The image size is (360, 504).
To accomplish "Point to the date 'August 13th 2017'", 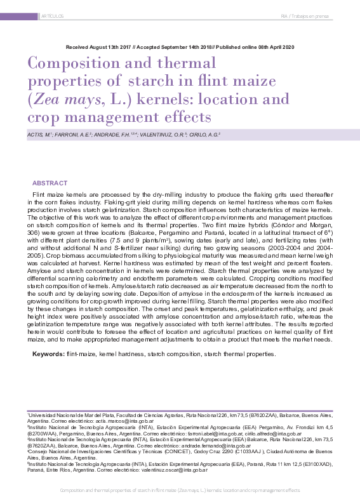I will click(113, 48).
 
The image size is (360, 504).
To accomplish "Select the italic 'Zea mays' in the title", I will click(63, 100).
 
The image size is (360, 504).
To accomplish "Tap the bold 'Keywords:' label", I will click(48, 353).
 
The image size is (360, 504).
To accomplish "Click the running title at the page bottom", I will click(179, 491).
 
